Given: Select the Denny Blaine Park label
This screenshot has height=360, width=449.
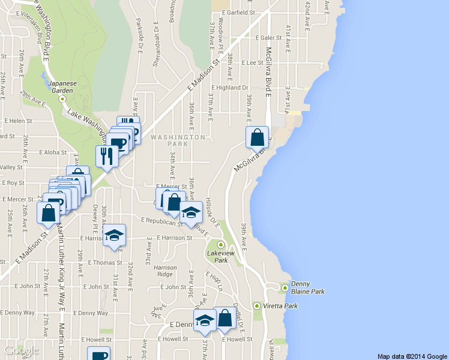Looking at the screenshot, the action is pos(308,287).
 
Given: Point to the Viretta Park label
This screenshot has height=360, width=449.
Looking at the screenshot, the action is pos(283,305).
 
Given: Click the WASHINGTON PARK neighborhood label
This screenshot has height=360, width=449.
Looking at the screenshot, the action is pos(178,140).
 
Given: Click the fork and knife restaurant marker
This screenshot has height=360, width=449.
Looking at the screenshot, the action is pos(106,157).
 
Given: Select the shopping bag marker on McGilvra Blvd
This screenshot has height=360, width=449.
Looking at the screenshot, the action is pos(257,137).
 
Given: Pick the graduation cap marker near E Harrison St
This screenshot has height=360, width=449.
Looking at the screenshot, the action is pos(114,235).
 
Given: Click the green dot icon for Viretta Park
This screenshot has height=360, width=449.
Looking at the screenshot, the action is pos(258,306).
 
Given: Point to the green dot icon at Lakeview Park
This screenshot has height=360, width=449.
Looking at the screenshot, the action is pos(220,244).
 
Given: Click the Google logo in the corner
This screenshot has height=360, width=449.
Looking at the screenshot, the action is pos(21,350).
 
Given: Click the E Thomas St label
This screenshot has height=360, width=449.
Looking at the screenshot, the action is pos(105,262).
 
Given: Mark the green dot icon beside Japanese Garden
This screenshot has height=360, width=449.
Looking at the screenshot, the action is pos(62,99).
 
